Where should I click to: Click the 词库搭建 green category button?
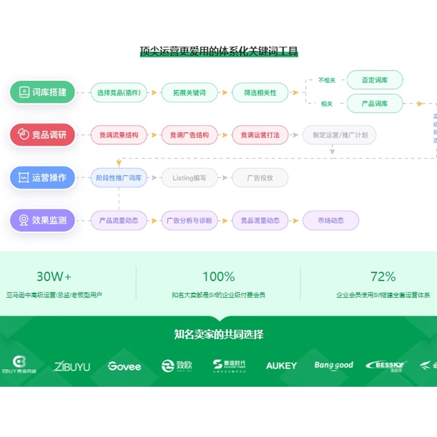[x=42, y=92]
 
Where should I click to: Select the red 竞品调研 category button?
[x=42, y=135]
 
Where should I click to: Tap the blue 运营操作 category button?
[x=42, y=178]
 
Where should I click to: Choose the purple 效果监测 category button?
[x=42, y=221]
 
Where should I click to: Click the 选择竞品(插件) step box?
[x=119, y=92]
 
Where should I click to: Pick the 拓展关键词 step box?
[x=189, y=92]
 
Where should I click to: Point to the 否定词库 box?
[x=375, y=80]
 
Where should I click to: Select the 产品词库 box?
[x=375, y=103]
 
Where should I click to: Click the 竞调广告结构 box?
[x=189, y=135]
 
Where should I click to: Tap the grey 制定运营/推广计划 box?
[x=339, y=135]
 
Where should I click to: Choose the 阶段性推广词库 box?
[x=119, y=178]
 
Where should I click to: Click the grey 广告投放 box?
[x=260, y=178]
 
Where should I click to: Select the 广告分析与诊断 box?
[x=189, y=221]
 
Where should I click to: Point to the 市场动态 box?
[x=331, y=221]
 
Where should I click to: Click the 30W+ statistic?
[x=54, y=276]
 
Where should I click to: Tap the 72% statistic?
[x=383, y=276]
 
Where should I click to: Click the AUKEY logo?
[x=281, y=365]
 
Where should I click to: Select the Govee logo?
[x=124, y=366]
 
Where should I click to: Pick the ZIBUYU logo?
[x=72, y=366]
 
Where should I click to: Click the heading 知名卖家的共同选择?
[x=218, y=334]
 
